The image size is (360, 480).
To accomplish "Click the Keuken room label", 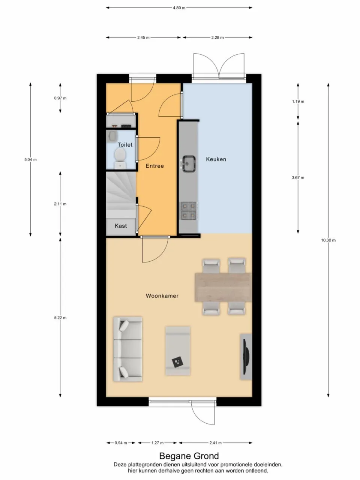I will coord(216,159).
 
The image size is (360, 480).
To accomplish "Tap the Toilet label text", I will coord(125,145).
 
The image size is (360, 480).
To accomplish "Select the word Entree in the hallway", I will coord(154,166).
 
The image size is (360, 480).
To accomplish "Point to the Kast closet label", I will coord(121,226).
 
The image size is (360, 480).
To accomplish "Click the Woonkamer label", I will coord(162,296).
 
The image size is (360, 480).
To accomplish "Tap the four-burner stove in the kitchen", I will coord(188,210).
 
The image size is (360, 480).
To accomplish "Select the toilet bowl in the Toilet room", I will coord(120,154).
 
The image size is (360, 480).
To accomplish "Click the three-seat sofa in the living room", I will coord(128,349).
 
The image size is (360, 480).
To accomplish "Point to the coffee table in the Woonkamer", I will coord(178,351).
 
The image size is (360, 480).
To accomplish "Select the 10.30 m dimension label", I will coord(328,240).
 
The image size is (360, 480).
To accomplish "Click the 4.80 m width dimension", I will coord(179,7).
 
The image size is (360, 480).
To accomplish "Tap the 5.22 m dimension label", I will coord(60,318).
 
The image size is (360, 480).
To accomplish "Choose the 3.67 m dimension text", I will coord(298,178).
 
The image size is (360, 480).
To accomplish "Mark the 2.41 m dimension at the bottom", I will coord(215,443).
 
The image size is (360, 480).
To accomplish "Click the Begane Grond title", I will coord(189,456).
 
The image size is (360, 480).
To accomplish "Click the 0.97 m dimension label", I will coord(60,98).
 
